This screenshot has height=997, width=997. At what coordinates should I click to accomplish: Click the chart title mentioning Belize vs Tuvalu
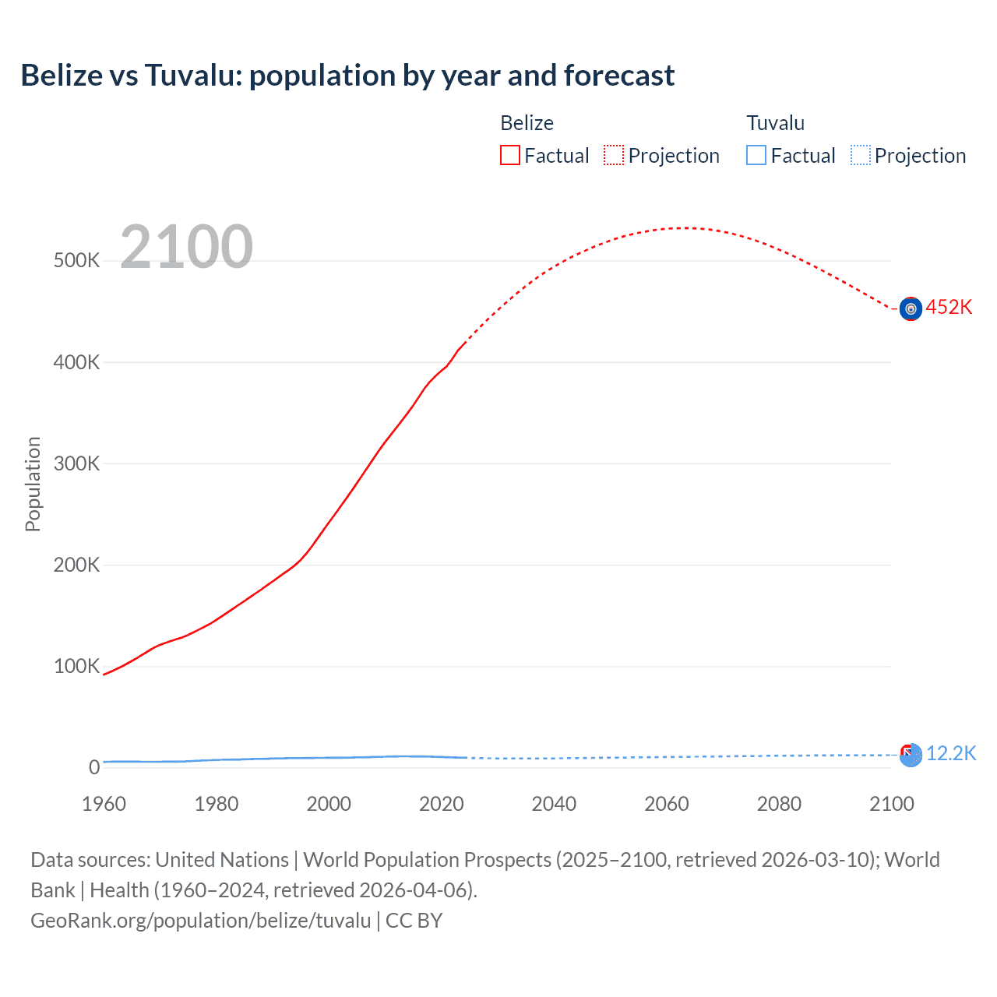(x=347, y=76)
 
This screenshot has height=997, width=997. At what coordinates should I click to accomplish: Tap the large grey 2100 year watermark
(x=186, y=247)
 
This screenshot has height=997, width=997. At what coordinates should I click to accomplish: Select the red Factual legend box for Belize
(x=509, y=156)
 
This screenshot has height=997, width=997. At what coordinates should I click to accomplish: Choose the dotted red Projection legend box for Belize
(x=614, y=156)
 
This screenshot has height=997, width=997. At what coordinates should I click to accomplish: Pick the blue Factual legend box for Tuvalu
(x=756, y=156)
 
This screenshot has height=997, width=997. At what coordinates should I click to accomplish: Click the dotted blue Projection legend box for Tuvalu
(x=860, y=156)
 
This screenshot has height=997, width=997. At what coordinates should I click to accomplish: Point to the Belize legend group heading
(x=527, y=123)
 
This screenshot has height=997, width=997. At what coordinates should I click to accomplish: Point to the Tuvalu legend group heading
(x=775, y=123)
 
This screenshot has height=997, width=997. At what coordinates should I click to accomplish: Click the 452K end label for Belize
(x=949, y=308)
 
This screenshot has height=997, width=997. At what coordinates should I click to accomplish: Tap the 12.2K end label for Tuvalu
(x=951, y=753)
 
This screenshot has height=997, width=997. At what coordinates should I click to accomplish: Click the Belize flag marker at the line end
(x=911, y=309)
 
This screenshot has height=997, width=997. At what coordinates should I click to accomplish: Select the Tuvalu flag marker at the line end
(x=911, y=755)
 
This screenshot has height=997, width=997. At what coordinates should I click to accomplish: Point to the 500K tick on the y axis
(x=76, y=260)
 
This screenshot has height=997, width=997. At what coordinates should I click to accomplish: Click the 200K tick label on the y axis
(x=76, y=565)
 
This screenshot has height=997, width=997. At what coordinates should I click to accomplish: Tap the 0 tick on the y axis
(x=94, y=767)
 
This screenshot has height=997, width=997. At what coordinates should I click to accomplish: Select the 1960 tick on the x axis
(x=104, y=804)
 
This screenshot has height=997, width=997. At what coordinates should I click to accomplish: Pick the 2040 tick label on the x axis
(x=554, y=804)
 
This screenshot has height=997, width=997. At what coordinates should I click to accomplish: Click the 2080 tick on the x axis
(x=779, y=804)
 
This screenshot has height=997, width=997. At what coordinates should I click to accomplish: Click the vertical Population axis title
(x=33, y=484)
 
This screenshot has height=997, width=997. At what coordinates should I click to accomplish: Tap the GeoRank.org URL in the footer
(x=201, y=921)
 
